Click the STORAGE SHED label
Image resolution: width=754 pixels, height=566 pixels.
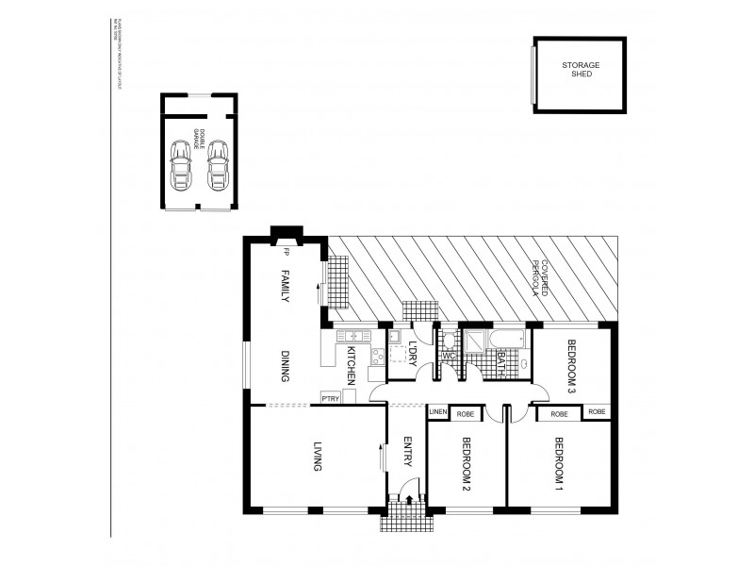(581, 68)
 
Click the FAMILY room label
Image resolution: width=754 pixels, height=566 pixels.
(284, 287)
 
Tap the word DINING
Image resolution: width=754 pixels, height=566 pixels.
(284, 365)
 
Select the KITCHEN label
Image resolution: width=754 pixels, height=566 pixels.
(350, 364)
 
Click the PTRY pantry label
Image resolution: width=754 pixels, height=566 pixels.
(330, 397)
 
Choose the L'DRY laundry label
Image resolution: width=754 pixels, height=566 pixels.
(411, 351)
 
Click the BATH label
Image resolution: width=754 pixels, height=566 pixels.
(500, 359)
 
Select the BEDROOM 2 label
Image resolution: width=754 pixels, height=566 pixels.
(466, 466)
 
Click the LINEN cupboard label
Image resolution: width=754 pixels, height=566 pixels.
(437, 412)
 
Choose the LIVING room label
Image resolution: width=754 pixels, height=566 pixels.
(319, 457)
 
